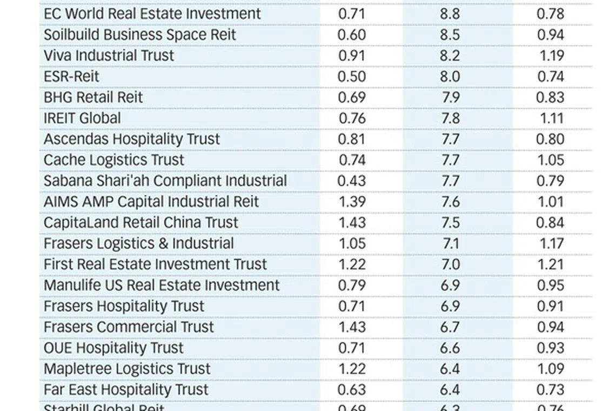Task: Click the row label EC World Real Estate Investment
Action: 152,14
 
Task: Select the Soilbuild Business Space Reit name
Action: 140,35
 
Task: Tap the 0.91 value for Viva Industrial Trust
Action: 351,56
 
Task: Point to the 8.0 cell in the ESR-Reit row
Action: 450,76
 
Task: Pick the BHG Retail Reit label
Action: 93,97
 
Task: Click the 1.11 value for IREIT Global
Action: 551,118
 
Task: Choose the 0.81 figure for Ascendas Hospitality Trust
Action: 351,139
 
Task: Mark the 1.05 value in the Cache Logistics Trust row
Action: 551,160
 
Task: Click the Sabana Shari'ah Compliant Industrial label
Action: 165,181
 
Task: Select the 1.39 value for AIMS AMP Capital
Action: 352,202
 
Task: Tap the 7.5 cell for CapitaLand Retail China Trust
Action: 450,222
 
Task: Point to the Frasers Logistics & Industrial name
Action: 138,243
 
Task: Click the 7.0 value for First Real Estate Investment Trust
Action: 450,264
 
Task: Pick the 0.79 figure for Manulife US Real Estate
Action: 351,285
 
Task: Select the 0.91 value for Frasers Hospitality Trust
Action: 551,306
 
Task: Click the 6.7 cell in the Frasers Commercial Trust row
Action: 450,327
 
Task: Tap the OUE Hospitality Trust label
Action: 113,348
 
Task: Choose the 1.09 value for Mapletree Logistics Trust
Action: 551,369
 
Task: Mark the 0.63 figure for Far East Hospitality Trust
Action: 351,389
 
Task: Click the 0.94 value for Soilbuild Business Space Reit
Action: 551,35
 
